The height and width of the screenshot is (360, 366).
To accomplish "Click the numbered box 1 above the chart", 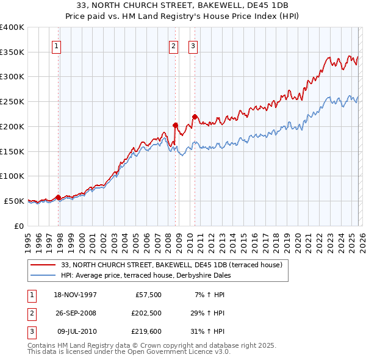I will point(56,45).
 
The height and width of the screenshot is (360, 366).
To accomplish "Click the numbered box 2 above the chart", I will point(173,45).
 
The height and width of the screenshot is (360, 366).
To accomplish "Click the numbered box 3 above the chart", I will point(193,45).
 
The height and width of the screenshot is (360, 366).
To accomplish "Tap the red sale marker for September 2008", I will point(175,125).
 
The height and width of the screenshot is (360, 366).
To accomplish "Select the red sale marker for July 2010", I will point(195,117).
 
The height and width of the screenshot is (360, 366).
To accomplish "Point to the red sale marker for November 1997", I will point(59,197).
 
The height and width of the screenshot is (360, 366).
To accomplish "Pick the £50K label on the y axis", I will point(15,201).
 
